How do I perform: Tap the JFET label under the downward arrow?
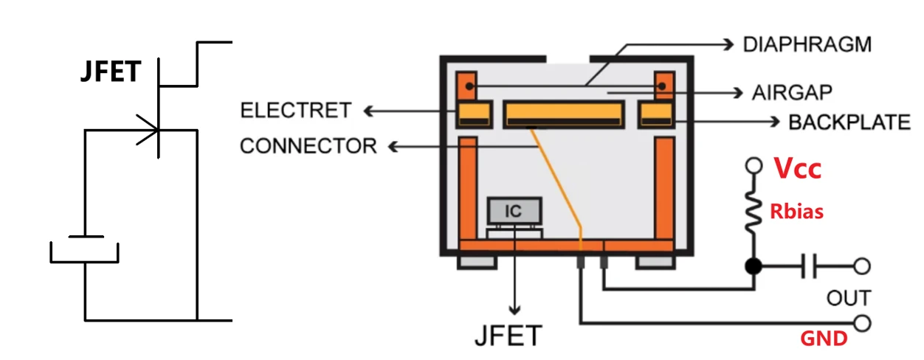508,335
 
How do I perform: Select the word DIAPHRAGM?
807,44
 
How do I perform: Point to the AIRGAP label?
792,93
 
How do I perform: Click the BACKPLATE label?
849,122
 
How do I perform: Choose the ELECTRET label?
296,111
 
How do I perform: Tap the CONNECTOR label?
308,146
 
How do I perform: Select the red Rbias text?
797,212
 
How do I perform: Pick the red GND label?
824,339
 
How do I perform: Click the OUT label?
849,298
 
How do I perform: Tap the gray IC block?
514,212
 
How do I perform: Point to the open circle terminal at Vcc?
754,165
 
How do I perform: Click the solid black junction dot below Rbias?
754,266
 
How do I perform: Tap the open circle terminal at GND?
861,322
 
